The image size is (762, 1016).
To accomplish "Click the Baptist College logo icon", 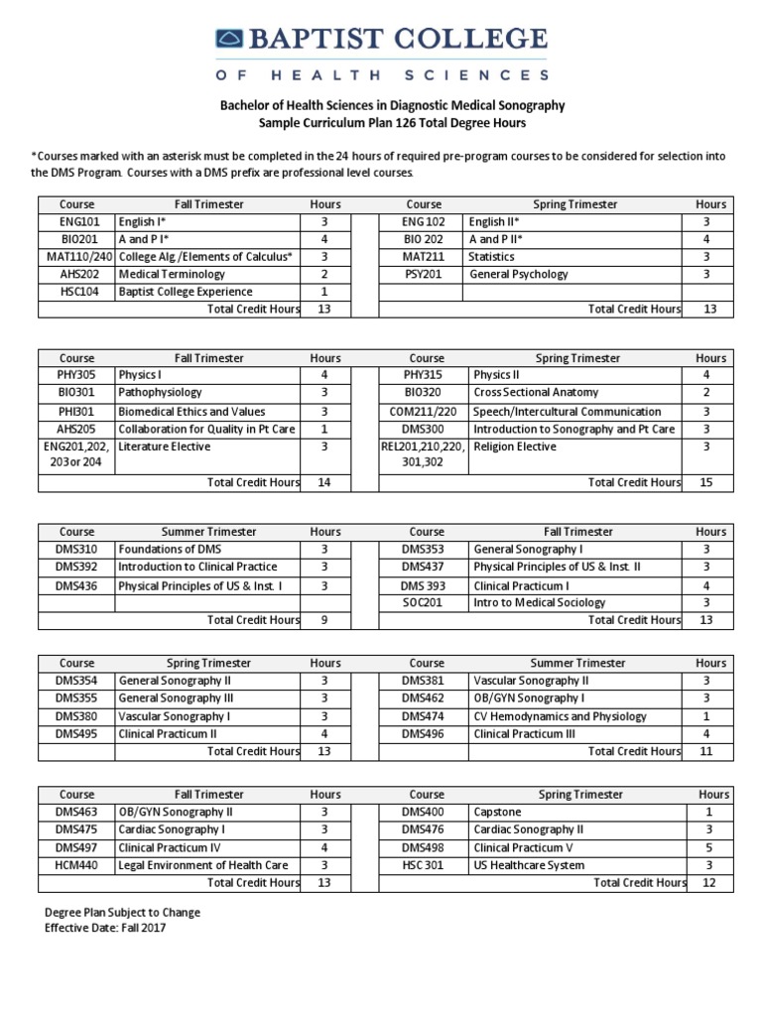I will pyautogui.click(x=230, y=40).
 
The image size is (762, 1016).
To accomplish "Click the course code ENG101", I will pyautogui.click(x=76, y=222).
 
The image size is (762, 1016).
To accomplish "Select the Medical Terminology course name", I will pyautogui.click(x=172, y=274).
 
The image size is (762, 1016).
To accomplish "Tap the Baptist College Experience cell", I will pyautogui.click(x=186, y=292).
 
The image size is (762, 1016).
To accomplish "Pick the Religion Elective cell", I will pyautogui.click(x=514, y=446).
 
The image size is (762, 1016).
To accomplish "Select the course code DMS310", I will pyautogui.click(x=76, y=549).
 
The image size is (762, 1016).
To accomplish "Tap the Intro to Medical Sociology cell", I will pyautogui.click(x=539, y=602).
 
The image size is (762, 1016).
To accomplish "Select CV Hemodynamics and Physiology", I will pyautogui.click(x=561, y=716).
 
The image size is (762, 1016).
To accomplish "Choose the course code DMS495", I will pyautogui.click(x=76, y=734).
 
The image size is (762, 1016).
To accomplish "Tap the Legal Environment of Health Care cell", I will pyautogui.click(x=203, y=865).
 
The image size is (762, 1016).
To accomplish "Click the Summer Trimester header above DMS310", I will pyautogui.click(x=208, y=532).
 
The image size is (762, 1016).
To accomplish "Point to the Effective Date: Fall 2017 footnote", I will pyautogui.click(x=104, y=928).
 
